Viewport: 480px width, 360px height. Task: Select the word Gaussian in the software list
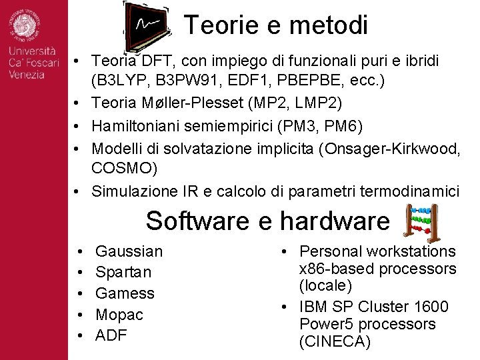point(129,251)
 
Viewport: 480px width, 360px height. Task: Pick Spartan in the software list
point(123,272)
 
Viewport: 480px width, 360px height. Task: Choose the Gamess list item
point(125,293)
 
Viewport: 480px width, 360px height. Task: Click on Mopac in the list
point(119,314)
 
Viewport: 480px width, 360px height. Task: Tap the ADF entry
point(111,335)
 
